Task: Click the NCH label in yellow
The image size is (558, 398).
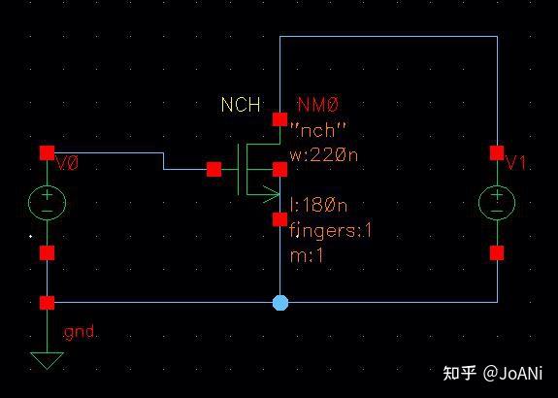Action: [241, 105]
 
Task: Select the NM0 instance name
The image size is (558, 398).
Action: [318, 105]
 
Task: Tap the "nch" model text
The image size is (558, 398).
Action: [317, 130]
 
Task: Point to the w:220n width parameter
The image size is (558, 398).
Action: [324, 155]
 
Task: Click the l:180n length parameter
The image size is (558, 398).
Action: [318, 206]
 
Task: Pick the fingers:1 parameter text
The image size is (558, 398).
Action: [331, 230]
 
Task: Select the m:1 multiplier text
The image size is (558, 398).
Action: [307, 255]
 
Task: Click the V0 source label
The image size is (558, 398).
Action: [67, 164]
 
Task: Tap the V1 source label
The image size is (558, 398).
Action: [516, 163]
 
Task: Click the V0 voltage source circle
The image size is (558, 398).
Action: [47, 184]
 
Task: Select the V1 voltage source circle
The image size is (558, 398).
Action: [497, 184]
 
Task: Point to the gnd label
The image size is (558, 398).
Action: [79, 333]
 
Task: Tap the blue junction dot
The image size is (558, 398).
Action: [280, 303]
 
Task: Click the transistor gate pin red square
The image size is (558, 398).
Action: [213, 169]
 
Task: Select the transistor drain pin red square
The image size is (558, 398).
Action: [280, 119]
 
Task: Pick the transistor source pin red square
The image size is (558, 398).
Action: [280, 219]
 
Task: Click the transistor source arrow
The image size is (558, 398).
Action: [271, 195]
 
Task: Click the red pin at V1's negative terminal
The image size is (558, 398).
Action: [497, 253]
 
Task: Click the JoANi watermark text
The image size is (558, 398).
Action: [521, 374]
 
